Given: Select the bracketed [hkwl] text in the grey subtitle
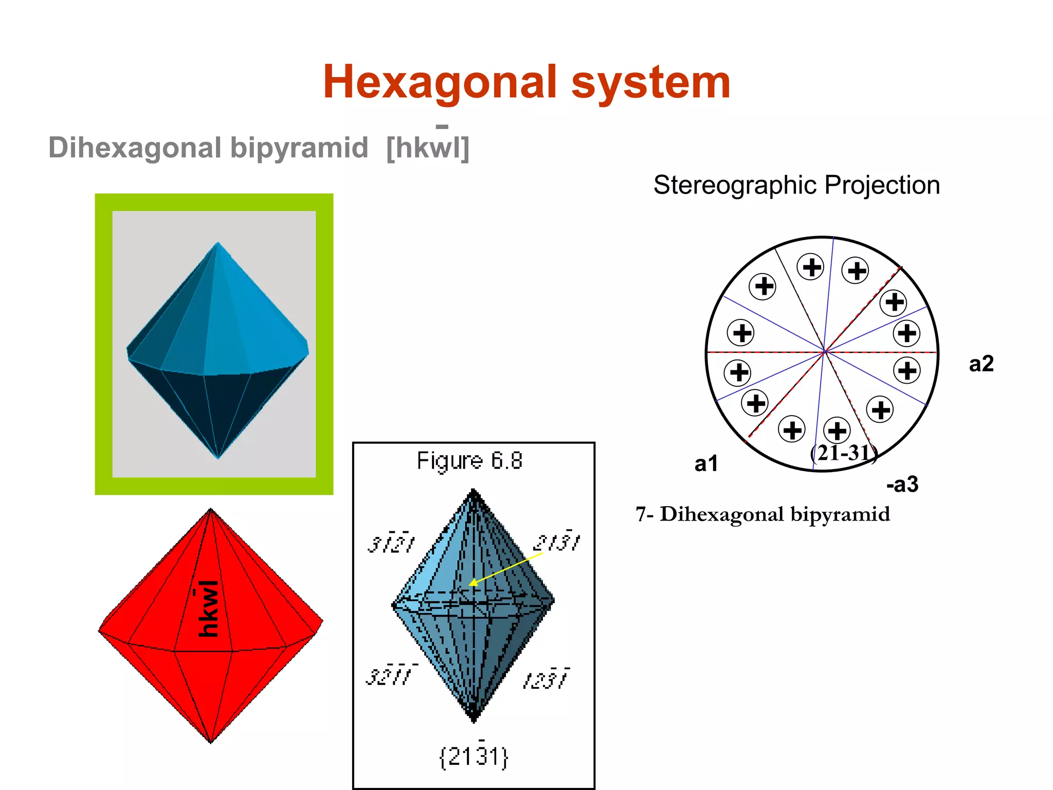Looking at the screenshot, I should coord(428,148).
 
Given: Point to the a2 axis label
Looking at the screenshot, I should coord(981,364).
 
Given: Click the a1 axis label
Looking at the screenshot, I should coord(706,464).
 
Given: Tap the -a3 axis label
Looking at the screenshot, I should coord(902,484).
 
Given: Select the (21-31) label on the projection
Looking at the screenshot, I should coord(844,453).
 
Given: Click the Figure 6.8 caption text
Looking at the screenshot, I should coord(469,461).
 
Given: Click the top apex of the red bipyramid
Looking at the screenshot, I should coord(211,510).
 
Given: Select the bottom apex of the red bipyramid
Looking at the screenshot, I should coord(211,742).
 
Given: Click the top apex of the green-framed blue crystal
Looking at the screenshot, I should coord(218,243).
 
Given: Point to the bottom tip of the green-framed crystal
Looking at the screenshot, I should coord(218,458).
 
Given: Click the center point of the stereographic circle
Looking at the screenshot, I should coord(824,352).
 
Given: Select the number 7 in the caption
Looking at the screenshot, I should coord(641,514).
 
